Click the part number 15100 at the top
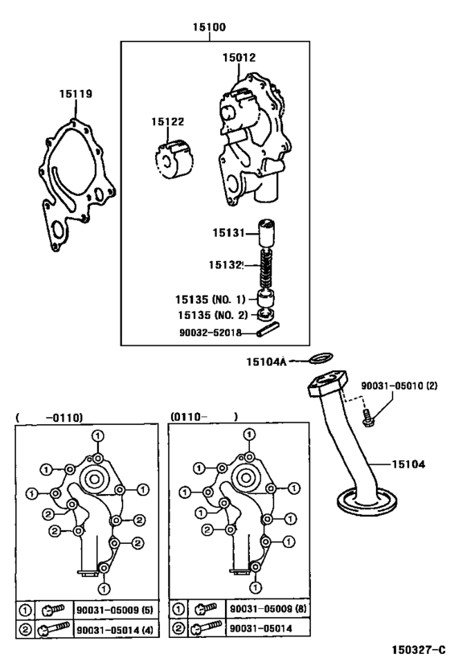(x=209, y=27)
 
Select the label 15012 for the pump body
(x=239, y=57)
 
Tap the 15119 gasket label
(x=76, y=94)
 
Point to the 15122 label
(x=168, y=121)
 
